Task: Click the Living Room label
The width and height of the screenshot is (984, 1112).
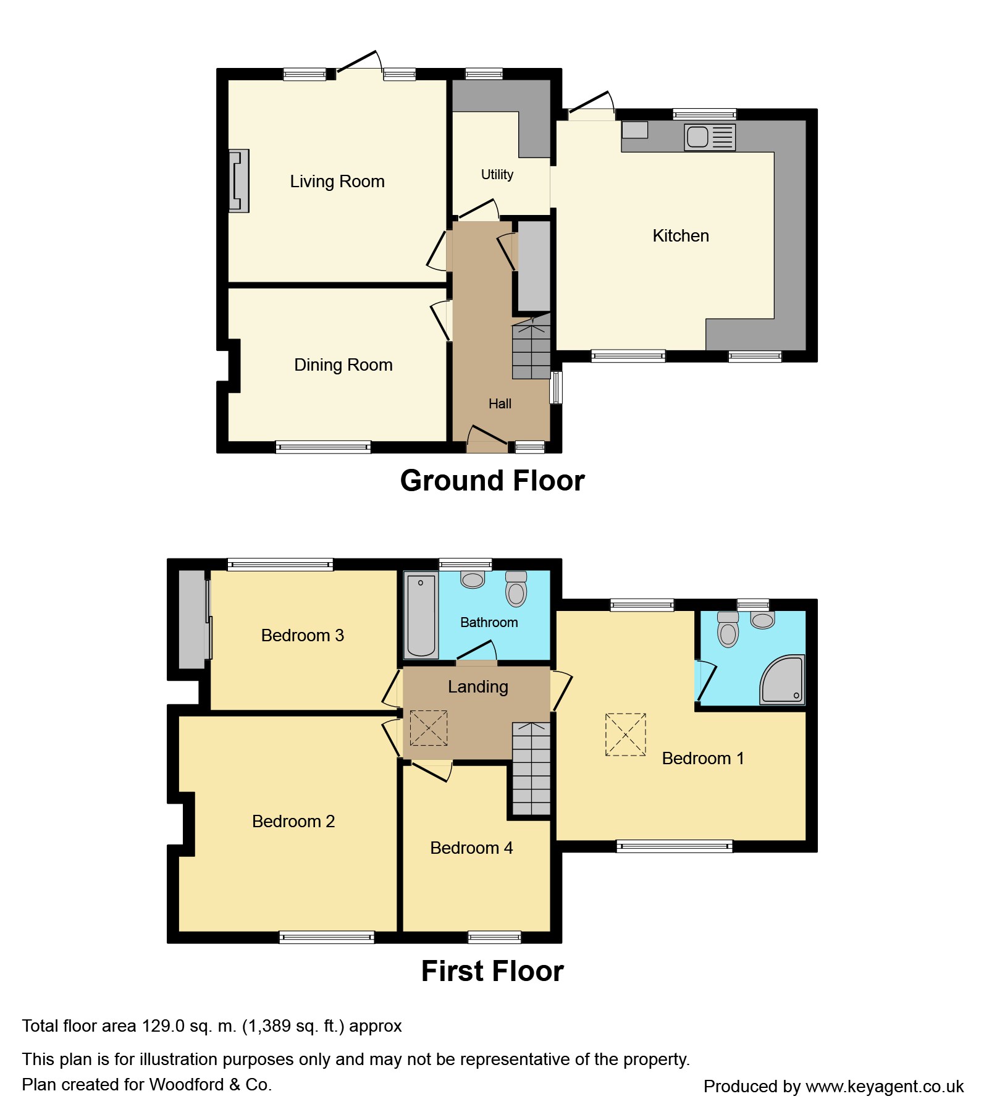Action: point(337,182)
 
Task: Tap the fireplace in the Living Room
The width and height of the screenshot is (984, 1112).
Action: point(239,181)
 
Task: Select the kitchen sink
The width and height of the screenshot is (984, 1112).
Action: point(710,137)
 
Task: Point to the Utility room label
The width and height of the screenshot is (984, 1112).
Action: point(497,175)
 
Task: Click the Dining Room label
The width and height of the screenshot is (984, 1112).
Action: point(343,365)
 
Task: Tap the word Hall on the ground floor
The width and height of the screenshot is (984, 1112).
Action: point(500,404)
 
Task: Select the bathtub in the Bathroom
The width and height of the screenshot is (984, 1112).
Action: point(421,615)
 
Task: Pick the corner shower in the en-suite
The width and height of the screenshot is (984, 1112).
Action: point(783,680)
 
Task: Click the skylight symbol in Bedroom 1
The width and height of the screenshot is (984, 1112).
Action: point(626,735)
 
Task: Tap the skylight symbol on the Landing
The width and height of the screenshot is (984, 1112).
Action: point(429,728)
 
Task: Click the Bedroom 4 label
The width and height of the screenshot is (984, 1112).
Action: point(471,848)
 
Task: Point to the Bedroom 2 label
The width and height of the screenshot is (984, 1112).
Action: point(293,822)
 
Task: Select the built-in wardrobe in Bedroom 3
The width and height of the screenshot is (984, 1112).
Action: point(192,619)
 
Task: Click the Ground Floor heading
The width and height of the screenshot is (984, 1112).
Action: point(492,481)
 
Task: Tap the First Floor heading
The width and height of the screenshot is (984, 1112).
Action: point(492,971)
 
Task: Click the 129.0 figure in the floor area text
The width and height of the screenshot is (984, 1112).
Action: point(163,1026)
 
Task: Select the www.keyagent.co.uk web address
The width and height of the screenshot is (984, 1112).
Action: point(885,1087)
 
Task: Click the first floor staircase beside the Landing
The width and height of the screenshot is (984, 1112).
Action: point(531,769)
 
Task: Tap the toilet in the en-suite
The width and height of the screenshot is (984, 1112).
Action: point(728,630)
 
